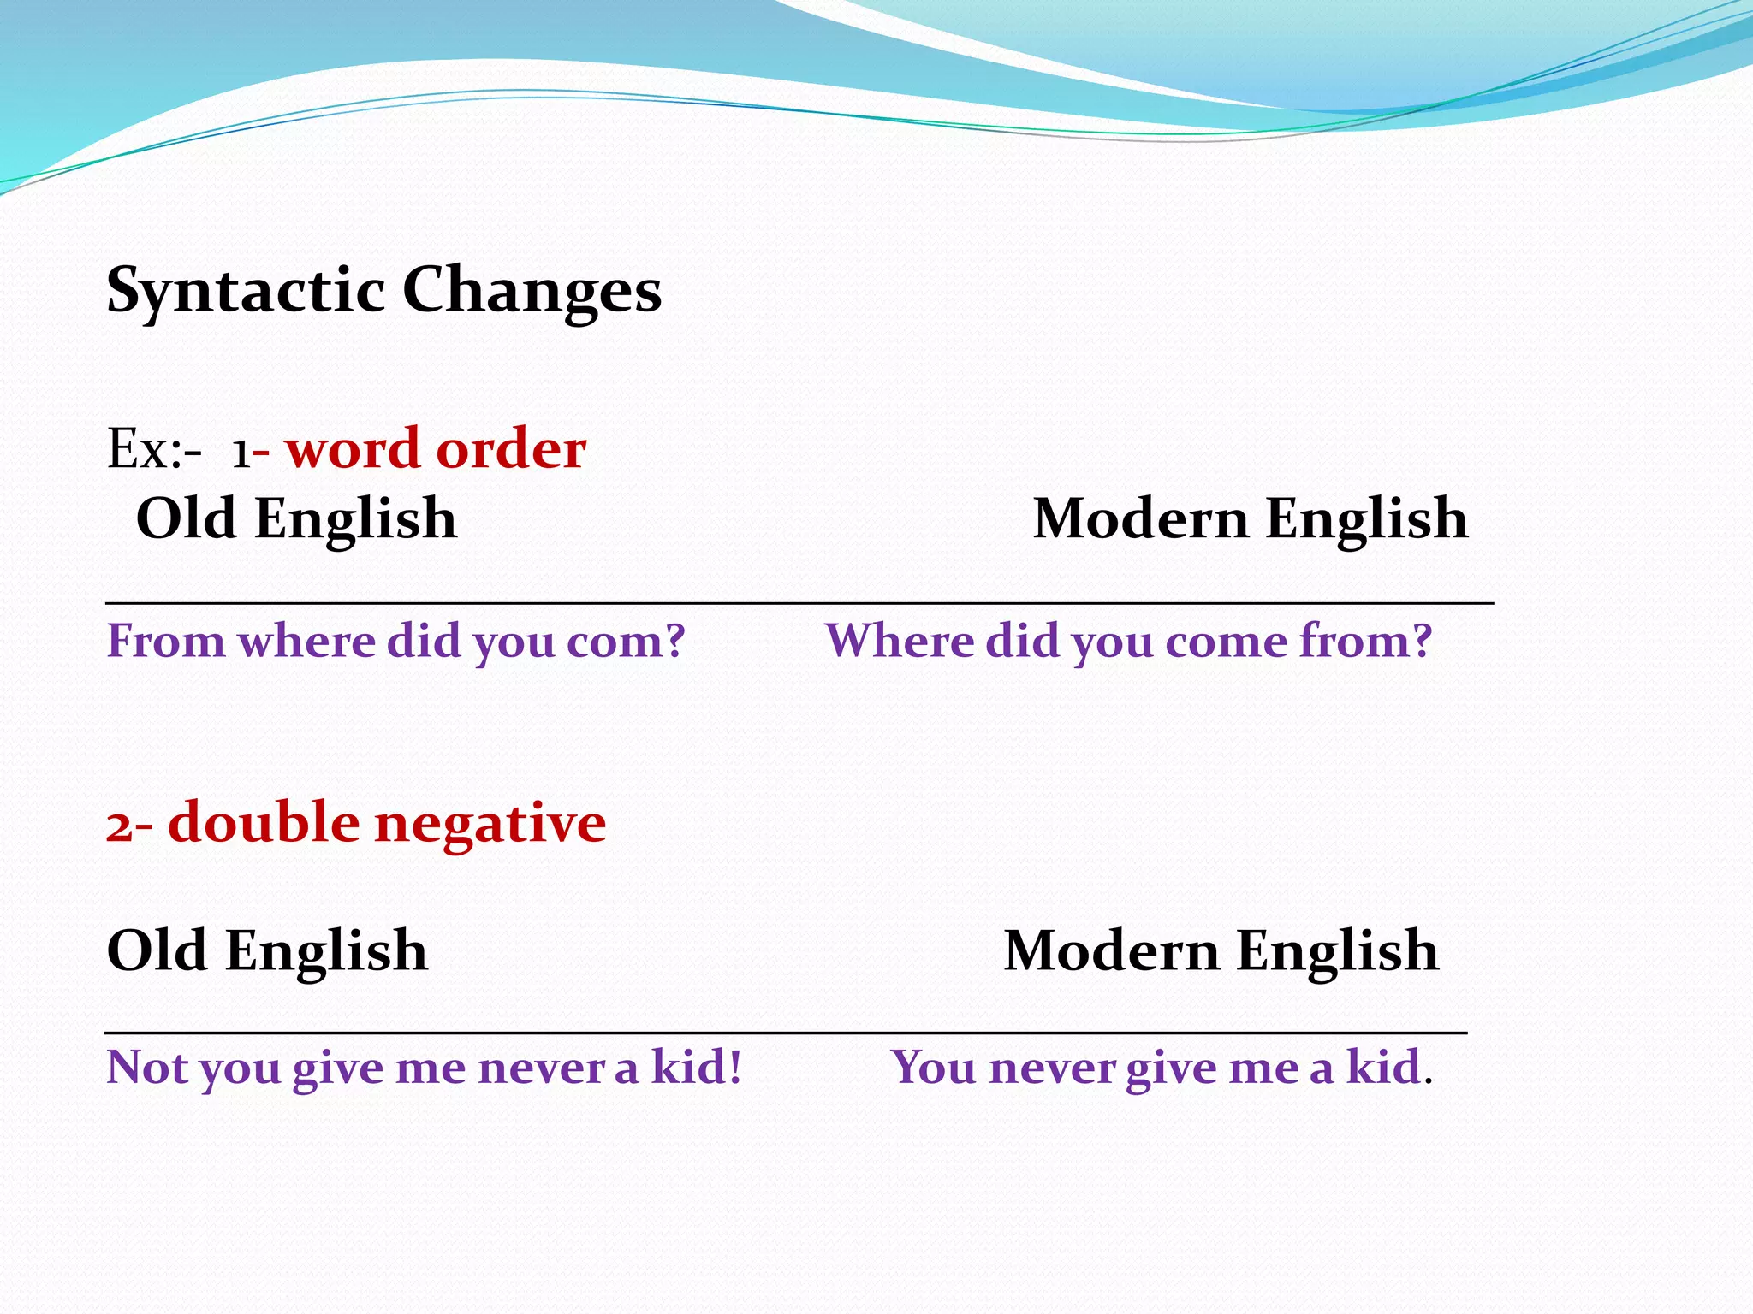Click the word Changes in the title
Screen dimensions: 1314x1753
point(532,291)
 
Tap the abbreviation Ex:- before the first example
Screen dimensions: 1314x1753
point(154,448)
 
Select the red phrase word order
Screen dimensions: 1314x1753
point(436,448)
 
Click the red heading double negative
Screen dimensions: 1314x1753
point(386,822)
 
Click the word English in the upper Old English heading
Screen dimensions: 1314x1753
point(355,519)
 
